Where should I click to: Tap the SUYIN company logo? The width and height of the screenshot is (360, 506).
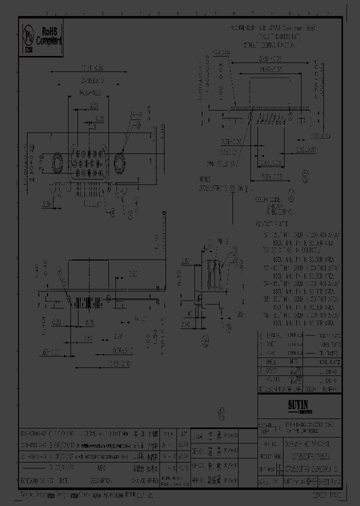(x=298, y=402)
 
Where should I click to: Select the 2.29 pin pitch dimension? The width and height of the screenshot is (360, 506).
(x=93, y=106)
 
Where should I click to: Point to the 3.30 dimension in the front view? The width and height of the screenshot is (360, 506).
(x=46, y=204)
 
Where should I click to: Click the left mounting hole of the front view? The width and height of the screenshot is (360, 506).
(x=54, y=163)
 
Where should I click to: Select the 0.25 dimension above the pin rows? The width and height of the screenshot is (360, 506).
(x=99, y=118)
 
